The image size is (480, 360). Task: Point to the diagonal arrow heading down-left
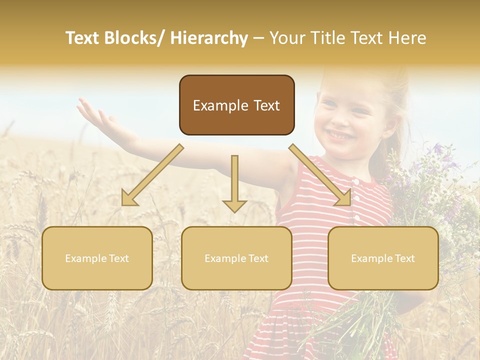[x=152, y=175]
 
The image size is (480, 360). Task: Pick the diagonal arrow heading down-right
[x=320, y=175]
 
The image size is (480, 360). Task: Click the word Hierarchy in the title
[x=209, y=38]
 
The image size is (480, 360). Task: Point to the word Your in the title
[x=287, y=38]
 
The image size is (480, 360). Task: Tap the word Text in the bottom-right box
[x=404, y=258]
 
